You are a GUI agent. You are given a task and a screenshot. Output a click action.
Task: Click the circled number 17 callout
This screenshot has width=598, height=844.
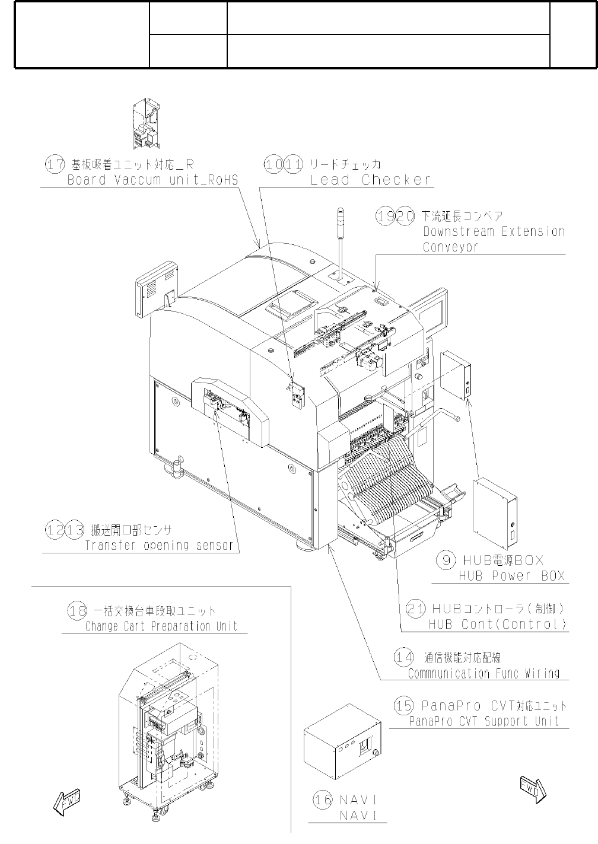pyautogui.click(x=55, y=164)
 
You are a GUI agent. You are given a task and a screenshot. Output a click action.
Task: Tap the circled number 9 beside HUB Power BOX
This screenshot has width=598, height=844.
pyautogui.click(x=446, y=559)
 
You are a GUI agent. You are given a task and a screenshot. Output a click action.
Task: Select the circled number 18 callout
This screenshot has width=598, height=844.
pyautogui.click(x=77, y=611)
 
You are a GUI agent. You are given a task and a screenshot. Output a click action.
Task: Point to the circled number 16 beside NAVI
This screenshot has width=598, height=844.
pyautogui.click(x=323, y=800)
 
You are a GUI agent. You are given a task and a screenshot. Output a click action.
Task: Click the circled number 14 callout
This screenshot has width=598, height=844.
pyautogui.click(x=404, y=657)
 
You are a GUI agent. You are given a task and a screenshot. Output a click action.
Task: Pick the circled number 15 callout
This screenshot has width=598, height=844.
pyautogui.click(x=404, y=706)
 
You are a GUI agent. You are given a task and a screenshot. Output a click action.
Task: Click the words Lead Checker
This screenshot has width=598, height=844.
pyautogui.click(x=371, y=180)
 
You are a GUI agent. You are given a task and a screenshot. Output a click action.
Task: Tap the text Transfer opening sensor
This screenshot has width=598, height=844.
pyautogui.click(x=159, y=545)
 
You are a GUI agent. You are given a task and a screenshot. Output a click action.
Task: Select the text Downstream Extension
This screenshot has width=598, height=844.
pyautogui.click(x=494, y=231)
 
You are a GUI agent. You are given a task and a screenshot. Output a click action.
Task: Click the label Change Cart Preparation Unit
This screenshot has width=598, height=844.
pyautogui.click(x=161, y=626)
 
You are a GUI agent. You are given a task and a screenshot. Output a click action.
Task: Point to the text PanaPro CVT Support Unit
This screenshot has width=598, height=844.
pyautogui.click(x=484, y=721)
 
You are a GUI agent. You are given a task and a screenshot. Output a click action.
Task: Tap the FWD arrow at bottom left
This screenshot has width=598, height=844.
pyautogui.click(x=66, y=802)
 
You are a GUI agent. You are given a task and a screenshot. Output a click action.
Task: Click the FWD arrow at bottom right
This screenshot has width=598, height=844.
pyautogui.click(x=532, y=788)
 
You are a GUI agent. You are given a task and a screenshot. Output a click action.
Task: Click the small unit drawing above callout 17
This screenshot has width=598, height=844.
pyautogui.click(x=146, y=123)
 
